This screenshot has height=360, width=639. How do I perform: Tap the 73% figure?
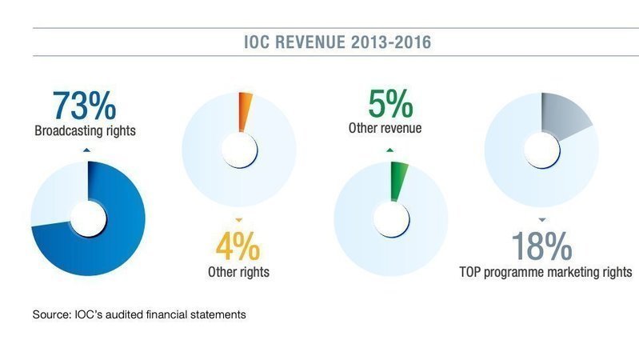click(85, 106)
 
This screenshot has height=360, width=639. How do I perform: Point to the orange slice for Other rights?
click(244, 110)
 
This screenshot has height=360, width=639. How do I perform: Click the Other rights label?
click(238, 272)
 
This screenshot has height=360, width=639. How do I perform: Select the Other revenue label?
click(389, 127)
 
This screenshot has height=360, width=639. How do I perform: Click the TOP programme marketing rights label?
click(546, 272)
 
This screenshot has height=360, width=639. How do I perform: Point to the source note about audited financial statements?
click(139, 314)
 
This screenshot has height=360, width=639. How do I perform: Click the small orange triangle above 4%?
click(238, 219)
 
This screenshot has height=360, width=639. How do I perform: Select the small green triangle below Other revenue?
click(389, 149)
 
